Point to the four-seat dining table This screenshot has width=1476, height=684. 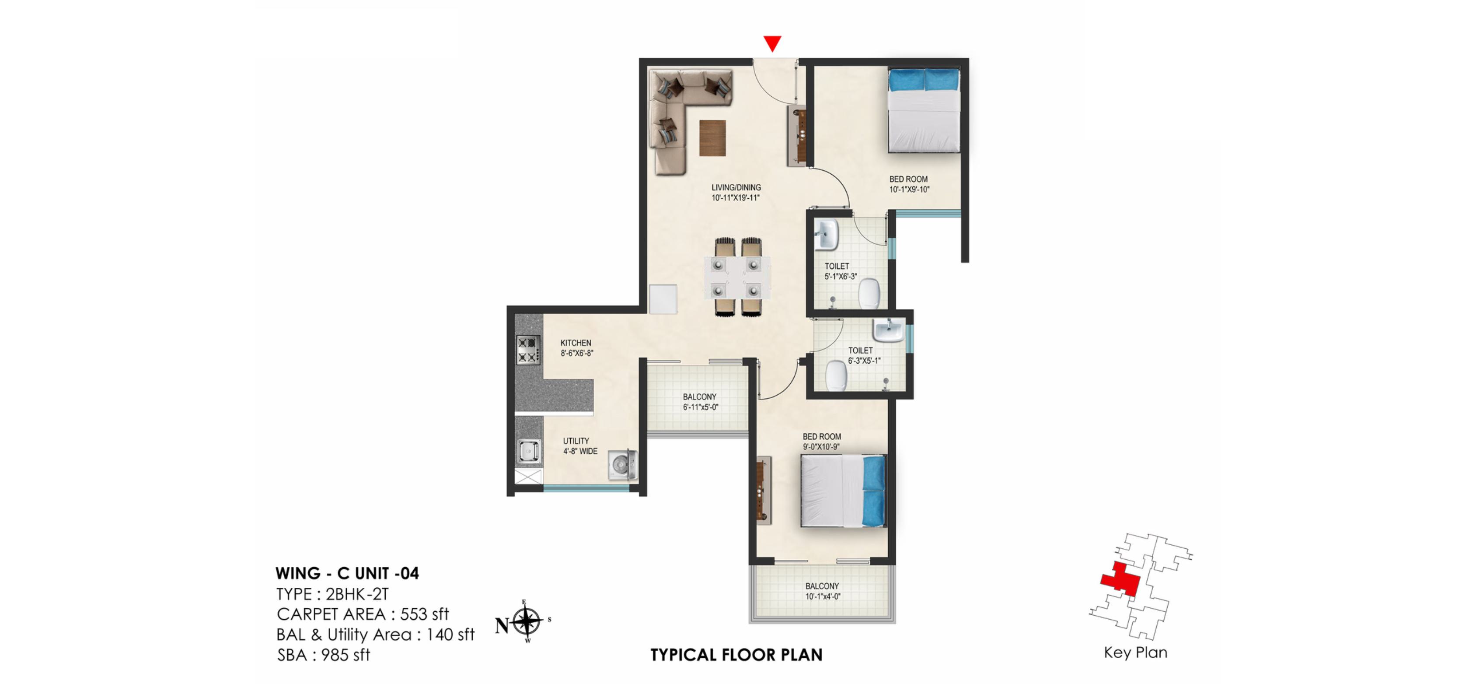pyautogui.click(x=737, y=277)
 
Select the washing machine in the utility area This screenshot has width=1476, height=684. pyautogui.click(x=622, y=464)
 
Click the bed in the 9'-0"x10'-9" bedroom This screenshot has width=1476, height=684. pyautogui.click(x=843, y=490)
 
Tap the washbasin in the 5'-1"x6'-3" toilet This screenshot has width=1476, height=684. pyautogui.click(x=826, y=235)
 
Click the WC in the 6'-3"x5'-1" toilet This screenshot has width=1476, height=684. pyautogui.click(x=836, y=379)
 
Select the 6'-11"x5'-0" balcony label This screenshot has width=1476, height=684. pyautogui.click(x=700, y=402)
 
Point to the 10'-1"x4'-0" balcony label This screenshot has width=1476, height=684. pyautogui.click(x=822, y=591)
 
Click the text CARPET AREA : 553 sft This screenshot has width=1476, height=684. pyautogui.click(x=362, y=614)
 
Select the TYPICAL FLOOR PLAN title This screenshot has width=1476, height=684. pyautogui.click(x=736, y=655)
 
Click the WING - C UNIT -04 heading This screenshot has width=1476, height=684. pyautogui.click(x=347, y=573)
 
